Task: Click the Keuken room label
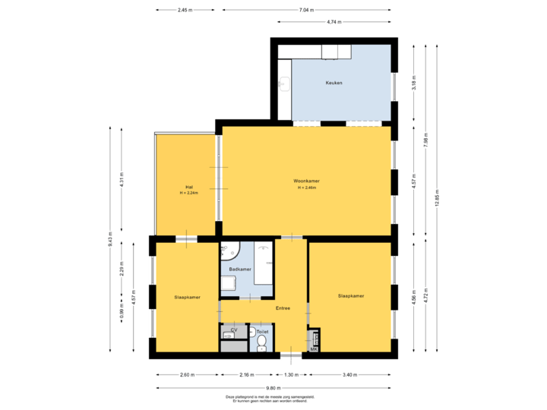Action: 334,82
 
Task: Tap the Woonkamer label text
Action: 306,181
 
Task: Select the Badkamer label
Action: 240,269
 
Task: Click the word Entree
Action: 283,308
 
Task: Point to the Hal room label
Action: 188,187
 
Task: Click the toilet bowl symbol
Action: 261,343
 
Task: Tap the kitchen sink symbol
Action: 285,83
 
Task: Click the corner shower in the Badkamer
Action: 229,250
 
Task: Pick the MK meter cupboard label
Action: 313,348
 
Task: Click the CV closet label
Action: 234,331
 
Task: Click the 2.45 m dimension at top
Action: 185,10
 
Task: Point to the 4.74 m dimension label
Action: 333,22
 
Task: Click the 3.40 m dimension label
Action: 350,374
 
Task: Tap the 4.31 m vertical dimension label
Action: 122,183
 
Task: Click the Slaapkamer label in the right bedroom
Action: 351,295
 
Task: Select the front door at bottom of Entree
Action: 291,355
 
